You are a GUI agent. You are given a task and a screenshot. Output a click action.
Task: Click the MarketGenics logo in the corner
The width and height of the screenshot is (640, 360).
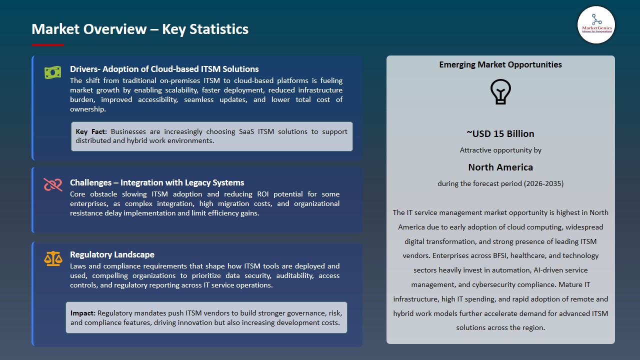[596, 24]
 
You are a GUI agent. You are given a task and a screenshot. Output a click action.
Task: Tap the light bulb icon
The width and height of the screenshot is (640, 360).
[500, 91]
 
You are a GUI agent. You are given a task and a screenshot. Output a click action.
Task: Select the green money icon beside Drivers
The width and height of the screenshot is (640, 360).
[52, 72]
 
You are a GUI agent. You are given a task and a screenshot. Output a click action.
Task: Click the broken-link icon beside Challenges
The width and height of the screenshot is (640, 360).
[52, 185]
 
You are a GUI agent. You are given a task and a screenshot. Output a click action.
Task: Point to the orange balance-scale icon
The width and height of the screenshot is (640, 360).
[53, 258]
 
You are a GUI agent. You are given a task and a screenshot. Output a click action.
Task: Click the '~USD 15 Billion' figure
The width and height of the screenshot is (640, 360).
[500, 133]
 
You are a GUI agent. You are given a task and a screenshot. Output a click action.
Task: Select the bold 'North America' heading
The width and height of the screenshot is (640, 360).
[500, 167]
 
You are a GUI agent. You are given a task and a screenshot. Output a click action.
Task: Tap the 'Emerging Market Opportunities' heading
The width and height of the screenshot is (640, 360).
[500, 64]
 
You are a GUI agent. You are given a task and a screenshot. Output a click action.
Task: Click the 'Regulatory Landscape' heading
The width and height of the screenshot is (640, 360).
[112, 254]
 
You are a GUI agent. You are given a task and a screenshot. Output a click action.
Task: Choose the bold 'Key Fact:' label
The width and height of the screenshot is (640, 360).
[91, 131]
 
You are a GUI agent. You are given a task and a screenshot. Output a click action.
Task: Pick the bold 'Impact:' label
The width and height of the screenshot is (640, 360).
[82, 313]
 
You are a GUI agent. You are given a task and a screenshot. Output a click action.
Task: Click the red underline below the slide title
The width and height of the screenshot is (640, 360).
[48, 45]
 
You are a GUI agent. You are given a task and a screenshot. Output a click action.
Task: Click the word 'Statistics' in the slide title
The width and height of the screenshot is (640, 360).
[219, 29]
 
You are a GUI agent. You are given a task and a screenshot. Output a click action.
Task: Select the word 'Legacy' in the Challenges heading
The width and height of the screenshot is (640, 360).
[200, 182]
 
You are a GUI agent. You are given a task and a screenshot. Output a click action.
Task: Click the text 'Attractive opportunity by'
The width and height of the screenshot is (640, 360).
[500, 150]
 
